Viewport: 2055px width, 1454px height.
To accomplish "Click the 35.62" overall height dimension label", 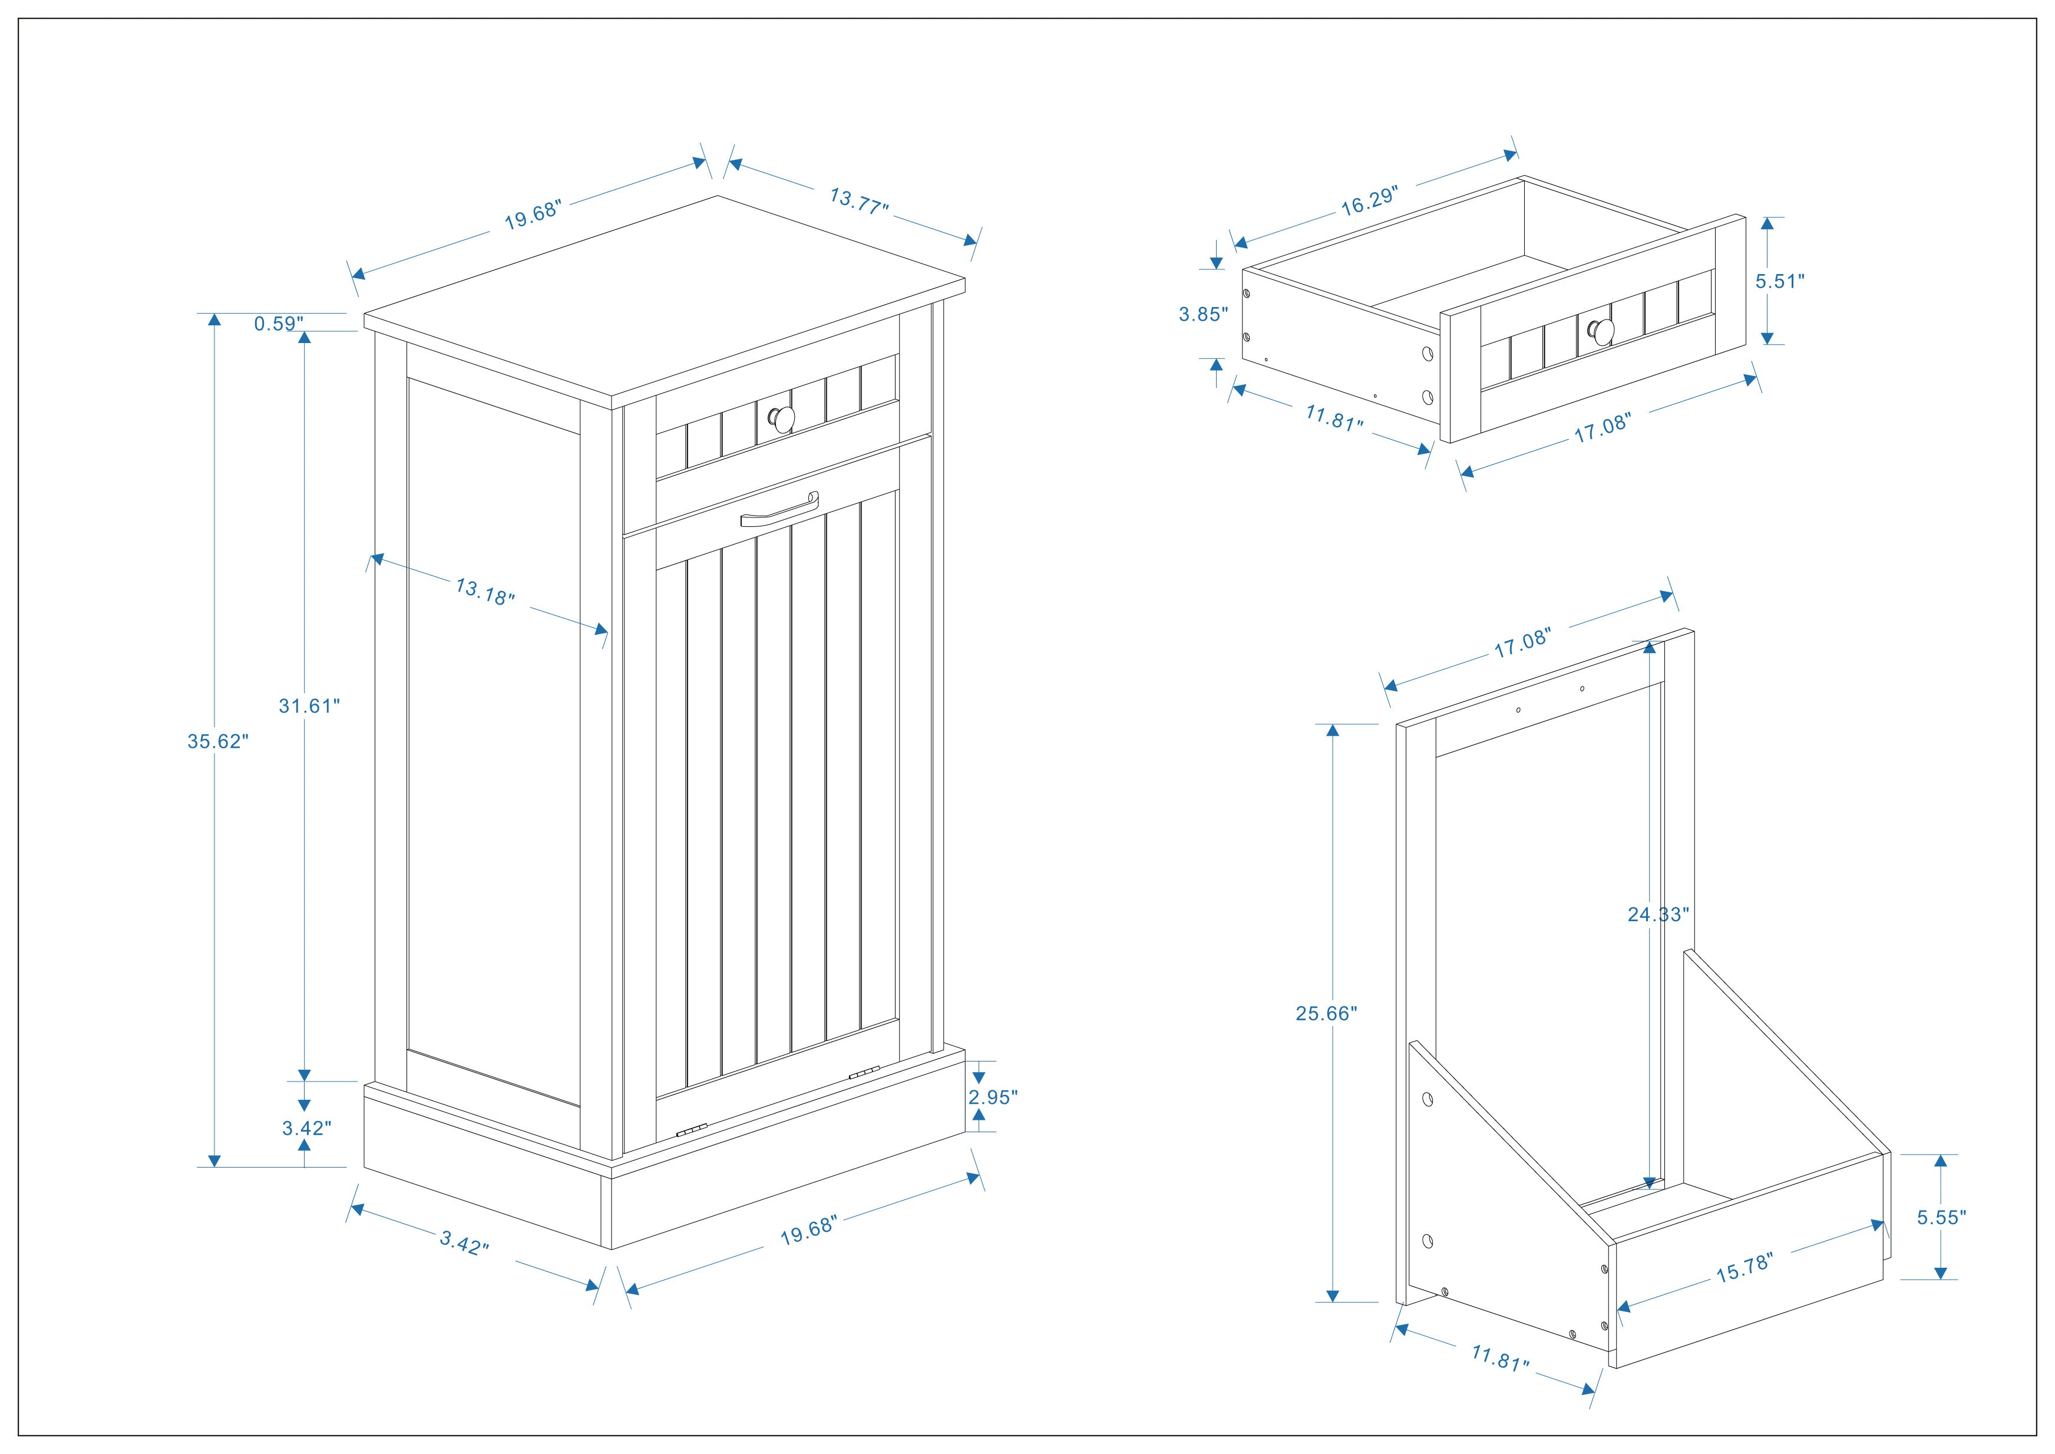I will coord(217,741).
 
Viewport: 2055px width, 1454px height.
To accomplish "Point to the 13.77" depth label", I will coord(858,200).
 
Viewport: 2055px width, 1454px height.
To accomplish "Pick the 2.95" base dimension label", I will coord(993,1097).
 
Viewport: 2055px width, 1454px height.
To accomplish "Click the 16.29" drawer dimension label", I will coord(1369,202).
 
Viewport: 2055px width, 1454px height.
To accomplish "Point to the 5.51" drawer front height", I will coord(1779,281).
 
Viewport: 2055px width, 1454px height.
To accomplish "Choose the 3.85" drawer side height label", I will coord(1203,314).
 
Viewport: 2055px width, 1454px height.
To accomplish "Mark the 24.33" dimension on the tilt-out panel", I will coord(1657,914).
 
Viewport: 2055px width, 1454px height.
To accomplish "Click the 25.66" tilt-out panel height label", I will coord(1326,1014).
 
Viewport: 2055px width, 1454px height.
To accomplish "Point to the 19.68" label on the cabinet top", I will coord(533,216).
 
